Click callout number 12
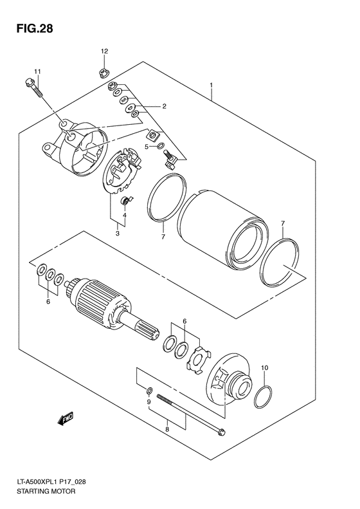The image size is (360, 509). (x=104, y=50)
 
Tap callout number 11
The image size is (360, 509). (x=37, y=71)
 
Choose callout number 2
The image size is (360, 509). (x=164, y=106)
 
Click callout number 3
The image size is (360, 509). (x=117, y=234)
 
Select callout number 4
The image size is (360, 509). (x=125, y=215)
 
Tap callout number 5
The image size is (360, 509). (x=147, y=147)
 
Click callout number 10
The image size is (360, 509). (x=264, y=369)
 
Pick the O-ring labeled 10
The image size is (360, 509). (x=263, y=398)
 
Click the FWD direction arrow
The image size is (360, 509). (x=66, y=420)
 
